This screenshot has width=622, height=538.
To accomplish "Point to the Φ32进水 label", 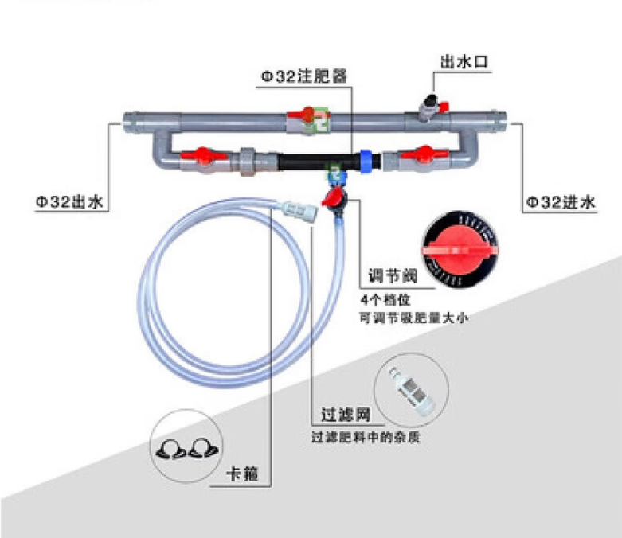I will [x=560, y=202].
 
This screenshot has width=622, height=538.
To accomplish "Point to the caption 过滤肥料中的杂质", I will [x=366, y=437].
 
